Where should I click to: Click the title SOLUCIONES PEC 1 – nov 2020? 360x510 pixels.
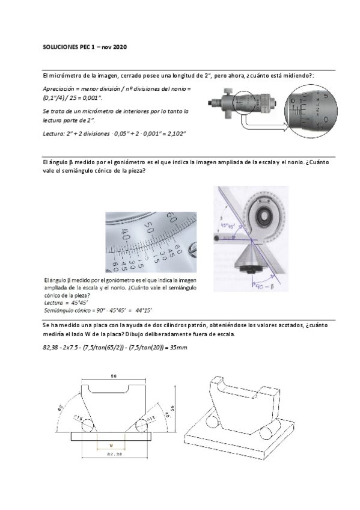click(x=85, y=46)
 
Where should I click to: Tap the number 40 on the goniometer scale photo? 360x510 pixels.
click(x=125, y=233)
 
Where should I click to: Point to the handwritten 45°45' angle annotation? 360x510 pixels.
click(x=227, y=227)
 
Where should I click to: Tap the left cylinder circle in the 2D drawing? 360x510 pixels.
click(x=84, y=425)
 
